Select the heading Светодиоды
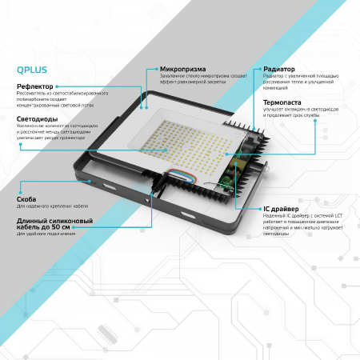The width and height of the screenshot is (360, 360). pos(37,119)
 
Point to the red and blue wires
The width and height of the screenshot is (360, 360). pos(176,174)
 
